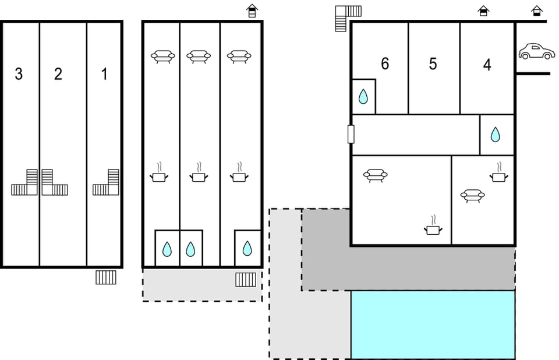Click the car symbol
[537, 51]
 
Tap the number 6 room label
[384, 64]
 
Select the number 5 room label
[433, 64]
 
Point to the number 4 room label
[487, 65]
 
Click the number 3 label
[19, 74]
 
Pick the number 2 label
[58, 74]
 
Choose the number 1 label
[104, 74]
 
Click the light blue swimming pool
[433, 324]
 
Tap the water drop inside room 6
[363, 97]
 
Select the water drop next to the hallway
[496, 135]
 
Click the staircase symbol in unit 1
[107, 183]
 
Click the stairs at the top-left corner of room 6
[348, 16]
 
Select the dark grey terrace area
[408, 268]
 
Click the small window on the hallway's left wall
[351, 134]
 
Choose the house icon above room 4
[483, 10]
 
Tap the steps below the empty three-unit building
[106, 277]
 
